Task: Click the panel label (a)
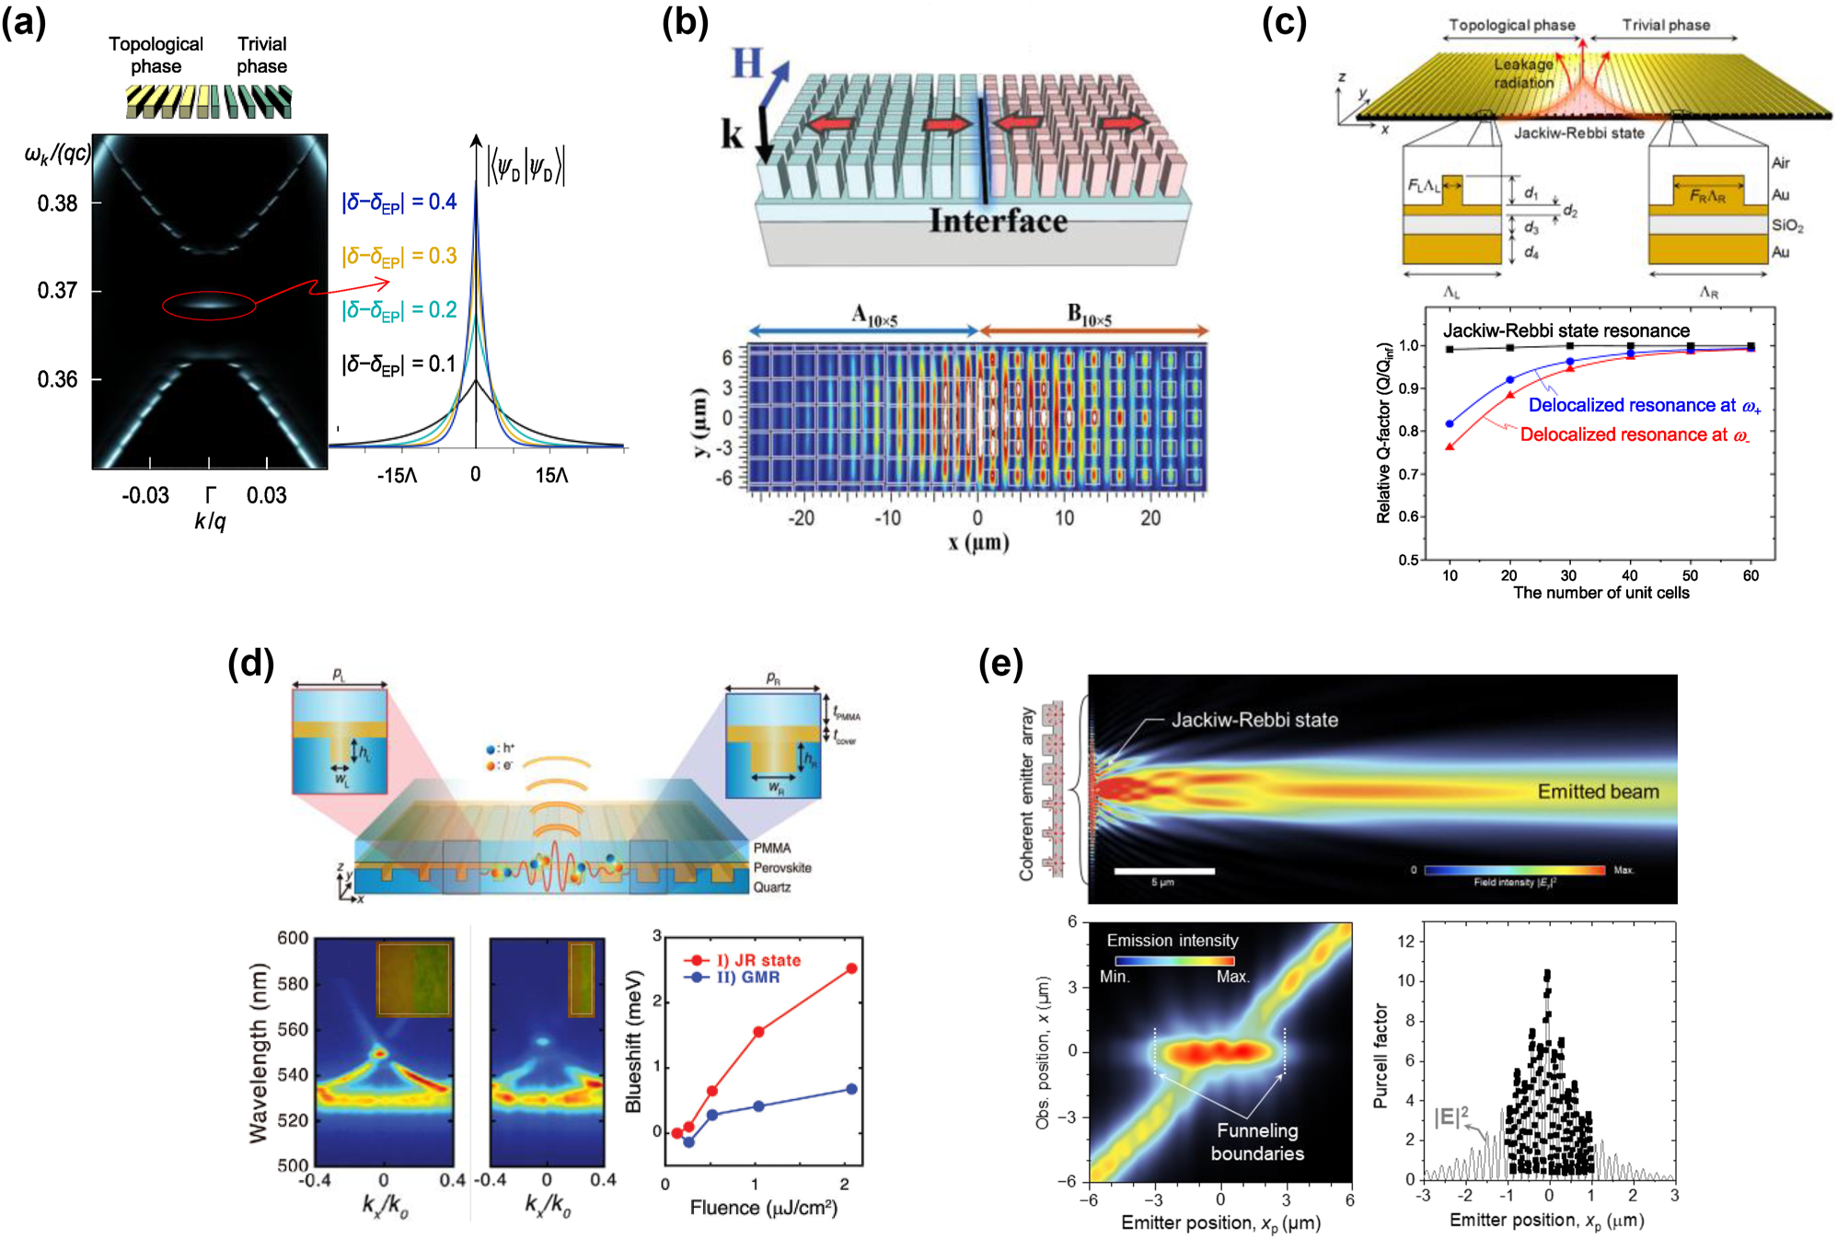pyautogui.click(x=24, y=22)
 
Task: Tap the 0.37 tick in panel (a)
pyautogui.click(x=57, y=291)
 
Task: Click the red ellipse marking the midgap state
pyautogui.click(x=209, y=305)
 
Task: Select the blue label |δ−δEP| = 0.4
pyautogui.click(x=399, y=202)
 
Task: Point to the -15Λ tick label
pyautogui.click(x=397, y=475)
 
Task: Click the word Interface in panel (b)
pyautogui.click(x=998, y=221)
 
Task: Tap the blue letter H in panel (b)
pyautogui.click(x=747, y=64)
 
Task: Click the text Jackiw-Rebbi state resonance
pyautogui.click(x=1565, y=330)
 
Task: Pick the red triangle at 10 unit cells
pyautogui.click(x=1450, y=446)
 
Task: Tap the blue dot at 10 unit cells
pyautogui.click(x=1450, y=423)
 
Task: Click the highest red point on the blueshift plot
pyautogui.click(x=851, y=968)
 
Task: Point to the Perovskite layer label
pyautogui.click(x=782, y=867)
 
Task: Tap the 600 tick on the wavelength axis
pyautogui.click(x=293, y=938)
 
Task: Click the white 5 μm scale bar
pyautogui.click(x=1163, y=871)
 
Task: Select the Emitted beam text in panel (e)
pyautogui.click(x=1598, y=792)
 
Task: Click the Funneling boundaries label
pyautogui.click(x=1257, y=1141)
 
